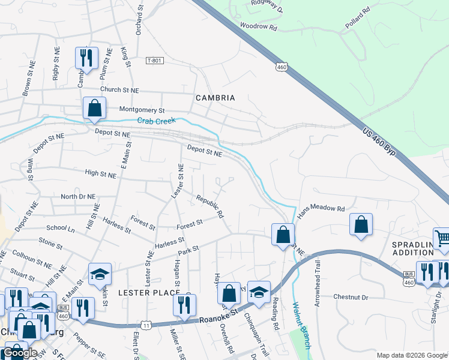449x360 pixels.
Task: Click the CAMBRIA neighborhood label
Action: pyautogui.click(x=215, y=98)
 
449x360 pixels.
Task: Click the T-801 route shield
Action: pyautogui.click(x=154, y=61)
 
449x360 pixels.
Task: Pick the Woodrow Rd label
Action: pyautogui.click(x=258, y=27)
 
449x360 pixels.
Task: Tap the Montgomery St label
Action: pyautogui.click(x=142, y=110)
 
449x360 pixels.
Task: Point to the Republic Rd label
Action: pyautogui.click(x=210, y=205)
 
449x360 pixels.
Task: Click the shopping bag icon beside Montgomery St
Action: pyautogui.click(x=94, y=108)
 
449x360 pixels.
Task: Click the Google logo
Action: pyautogui.click(x=20, y=353)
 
